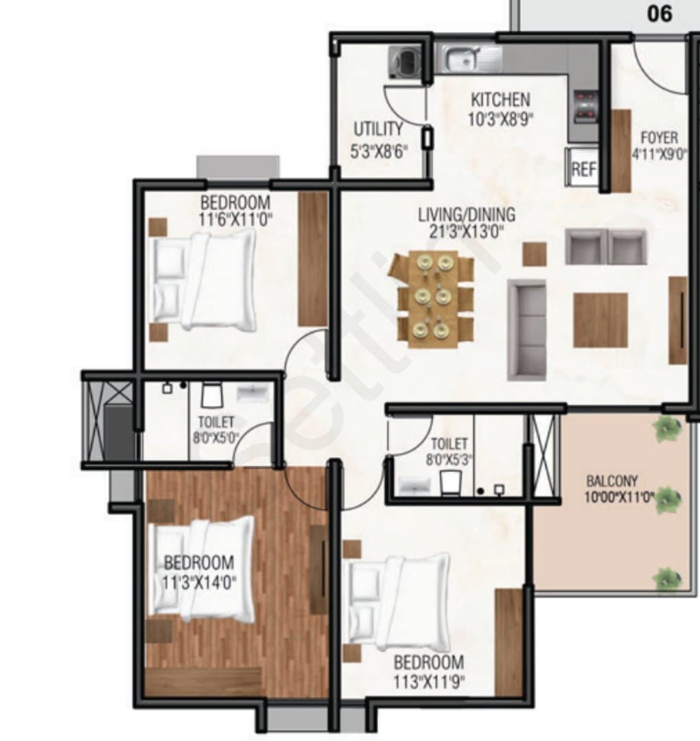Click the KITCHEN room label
[500, 100]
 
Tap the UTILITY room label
[378, 129]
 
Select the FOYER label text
[659, 138]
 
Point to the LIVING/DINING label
[467, 215]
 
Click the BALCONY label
[612, 481]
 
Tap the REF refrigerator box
[583, 167]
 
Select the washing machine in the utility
[405, 62]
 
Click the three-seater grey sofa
[526, 330]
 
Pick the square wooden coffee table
[600, 320]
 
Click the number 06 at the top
[660, 14]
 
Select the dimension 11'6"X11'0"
[236, 220]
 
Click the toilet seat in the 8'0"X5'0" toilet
[212, 395]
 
